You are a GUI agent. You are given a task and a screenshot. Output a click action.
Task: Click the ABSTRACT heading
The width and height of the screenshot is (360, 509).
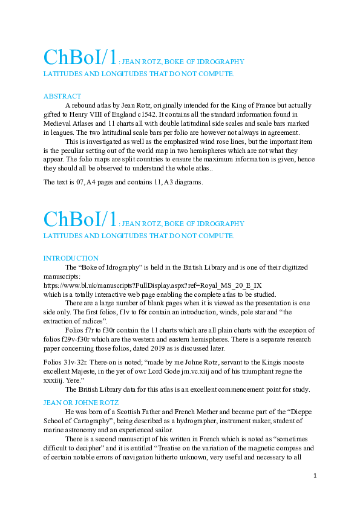62,96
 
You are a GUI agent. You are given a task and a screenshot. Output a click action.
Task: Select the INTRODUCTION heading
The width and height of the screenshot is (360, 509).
71,258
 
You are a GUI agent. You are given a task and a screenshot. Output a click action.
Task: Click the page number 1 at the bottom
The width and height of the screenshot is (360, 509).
315,476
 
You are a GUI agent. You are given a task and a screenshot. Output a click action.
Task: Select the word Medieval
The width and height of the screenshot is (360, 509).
59,123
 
